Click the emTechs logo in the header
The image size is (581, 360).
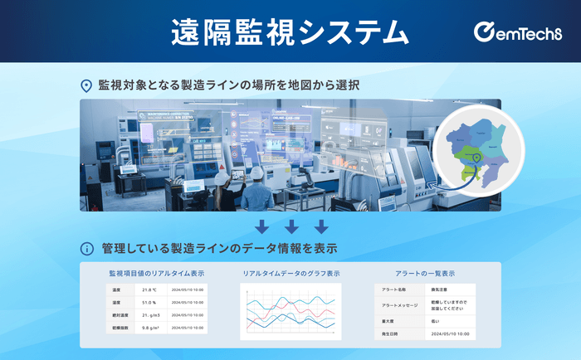point(515,32)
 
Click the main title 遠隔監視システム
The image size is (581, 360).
point(290,32)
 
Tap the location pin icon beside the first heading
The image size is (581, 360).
point(85,85)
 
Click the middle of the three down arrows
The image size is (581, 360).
point(291,226)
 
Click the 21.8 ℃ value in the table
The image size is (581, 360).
point(150,290)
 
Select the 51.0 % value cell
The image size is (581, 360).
point(150,303)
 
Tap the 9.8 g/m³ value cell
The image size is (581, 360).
point(150,328)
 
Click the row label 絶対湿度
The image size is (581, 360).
point(120,315)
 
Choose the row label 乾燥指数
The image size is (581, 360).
point(120,328)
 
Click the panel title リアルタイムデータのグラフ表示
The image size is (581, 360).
point(290,273)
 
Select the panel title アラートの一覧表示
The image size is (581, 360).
point(425,273)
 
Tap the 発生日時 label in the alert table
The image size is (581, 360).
point(391,333)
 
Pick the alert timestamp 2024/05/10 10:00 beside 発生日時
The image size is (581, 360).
point(450,333)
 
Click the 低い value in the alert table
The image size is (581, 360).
point(436,320)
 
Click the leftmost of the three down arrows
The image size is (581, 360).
point(261,226)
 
